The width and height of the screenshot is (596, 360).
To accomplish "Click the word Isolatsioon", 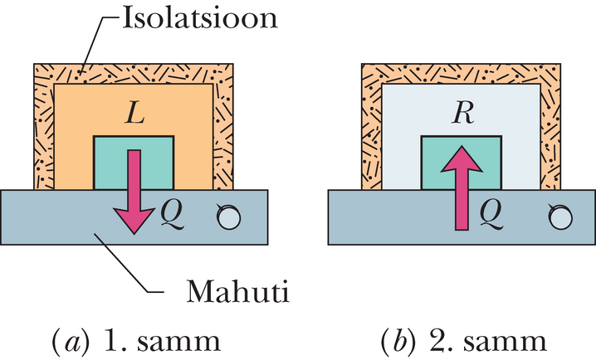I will click(199, 18).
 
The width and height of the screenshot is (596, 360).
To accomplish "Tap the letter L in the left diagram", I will click(134, 113).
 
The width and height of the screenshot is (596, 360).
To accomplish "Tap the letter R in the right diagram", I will click(462, 113).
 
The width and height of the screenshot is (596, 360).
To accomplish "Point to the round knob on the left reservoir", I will click(228, 217).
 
